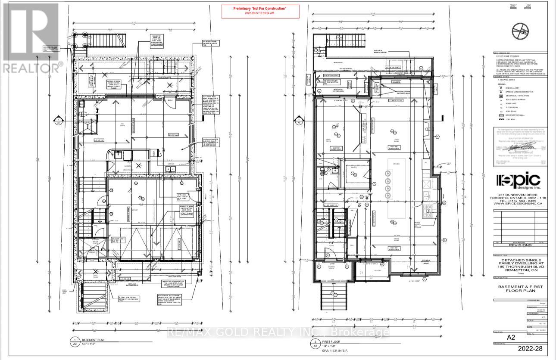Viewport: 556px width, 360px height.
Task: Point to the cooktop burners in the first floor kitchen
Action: [428, 210]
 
